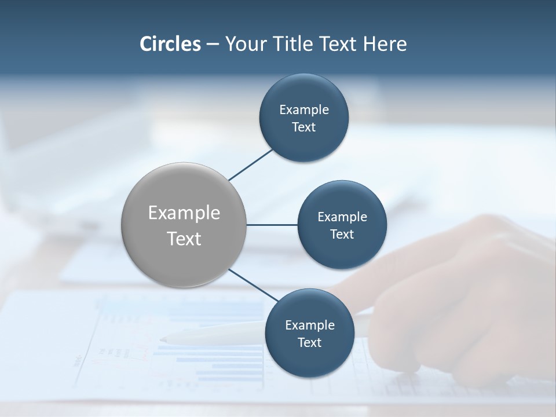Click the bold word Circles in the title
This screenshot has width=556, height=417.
click(x=170, y=44)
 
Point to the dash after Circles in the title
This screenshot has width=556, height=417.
click(x=213, y=45)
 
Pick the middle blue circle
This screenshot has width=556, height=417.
click(x=342, y=249)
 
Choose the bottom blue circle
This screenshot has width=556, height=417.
click(x=309, y=359)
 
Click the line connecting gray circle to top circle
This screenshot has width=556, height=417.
click(x=251, y=164)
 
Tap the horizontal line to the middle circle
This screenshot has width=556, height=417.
click(x=272, y=225)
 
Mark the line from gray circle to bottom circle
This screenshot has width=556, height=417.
click(x=253, y=284)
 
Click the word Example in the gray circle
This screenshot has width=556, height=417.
click(x=184, y=213)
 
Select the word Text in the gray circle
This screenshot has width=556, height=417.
click(x=184, y=238)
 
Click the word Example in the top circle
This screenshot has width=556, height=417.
click(x=304, y=109)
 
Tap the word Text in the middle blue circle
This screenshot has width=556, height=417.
click(x=342, y=234)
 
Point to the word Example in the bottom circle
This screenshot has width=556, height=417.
click(x=310, y=325)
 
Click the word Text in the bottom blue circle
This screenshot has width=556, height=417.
click(x=309, y=342)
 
